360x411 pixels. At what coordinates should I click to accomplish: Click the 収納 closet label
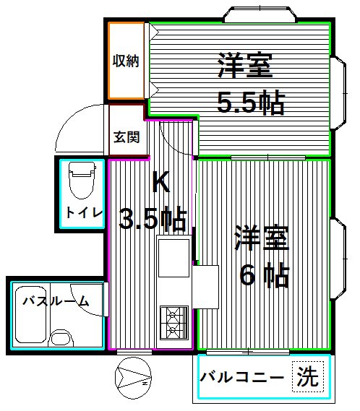pos(125,61)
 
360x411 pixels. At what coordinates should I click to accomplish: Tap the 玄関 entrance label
pos(126,137)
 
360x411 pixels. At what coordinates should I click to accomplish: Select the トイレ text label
pos(84,213)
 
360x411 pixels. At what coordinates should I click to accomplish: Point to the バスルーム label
pos(55,301)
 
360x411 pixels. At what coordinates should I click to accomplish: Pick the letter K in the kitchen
pos(160,183)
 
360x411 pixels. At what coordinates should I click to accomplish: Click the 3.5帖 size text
pos(153,217)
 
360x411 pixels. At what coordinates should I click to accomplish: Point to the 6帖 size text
pos(265,275)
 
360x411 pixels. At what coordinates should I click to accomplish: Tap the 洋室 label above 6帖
pos(261,239)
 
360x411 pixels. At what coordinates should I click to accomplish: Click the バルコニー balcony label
pos(241,378)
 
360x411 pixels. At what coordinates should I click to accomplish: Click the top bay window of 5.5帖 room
pos(260,14)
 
